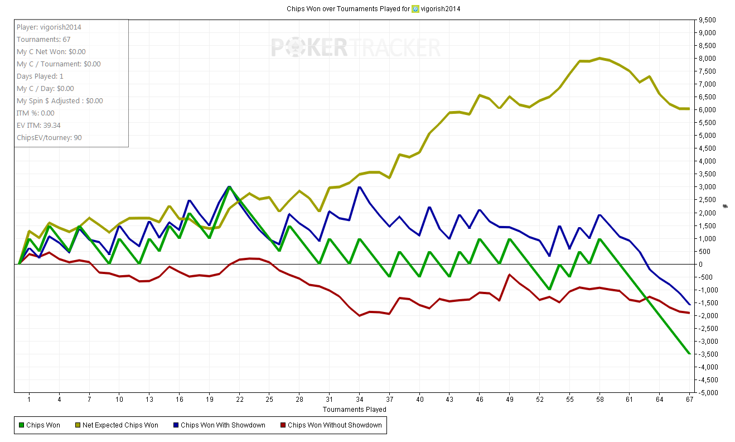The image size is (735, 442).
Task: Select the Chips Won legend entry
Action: (43, 425)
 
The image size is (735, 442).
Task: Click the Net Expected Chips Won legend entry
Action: (120, 425)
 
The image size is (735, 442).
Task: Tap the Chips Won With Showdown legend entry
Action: (223, 425)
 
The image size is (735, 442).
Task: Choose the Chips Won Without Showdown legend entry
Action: (334, 425)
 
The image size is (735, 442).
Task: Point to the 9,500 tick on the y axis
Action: (707, 20)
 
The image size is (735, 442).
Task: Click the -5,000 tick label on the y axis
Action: (705, 392)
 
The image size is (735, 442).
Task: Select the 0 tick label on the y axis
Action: (701, 264)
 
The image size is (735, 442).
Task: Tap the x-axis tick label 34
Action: (360, 400)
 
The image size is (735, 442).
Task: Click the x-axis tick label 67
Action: (690, 400)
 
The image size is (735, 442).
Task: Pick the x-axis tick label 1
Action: (29, 400)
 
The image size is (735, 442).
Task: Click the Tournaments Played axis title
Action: (354, 409)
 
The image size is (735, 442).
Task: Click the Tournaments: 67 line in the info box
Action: (43, 40)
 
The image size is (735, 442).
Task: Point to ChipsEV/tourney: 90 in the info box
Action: (49, 138)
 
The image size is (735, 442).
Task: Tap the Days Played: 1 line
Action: (40, 76)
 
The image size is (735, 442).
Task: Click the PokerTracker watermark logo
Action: (355, 47)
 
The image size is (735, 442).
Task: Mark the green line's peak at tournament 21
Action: (229, 187)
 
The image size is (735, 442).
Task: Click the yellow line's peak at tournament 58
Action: (599, 58)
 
